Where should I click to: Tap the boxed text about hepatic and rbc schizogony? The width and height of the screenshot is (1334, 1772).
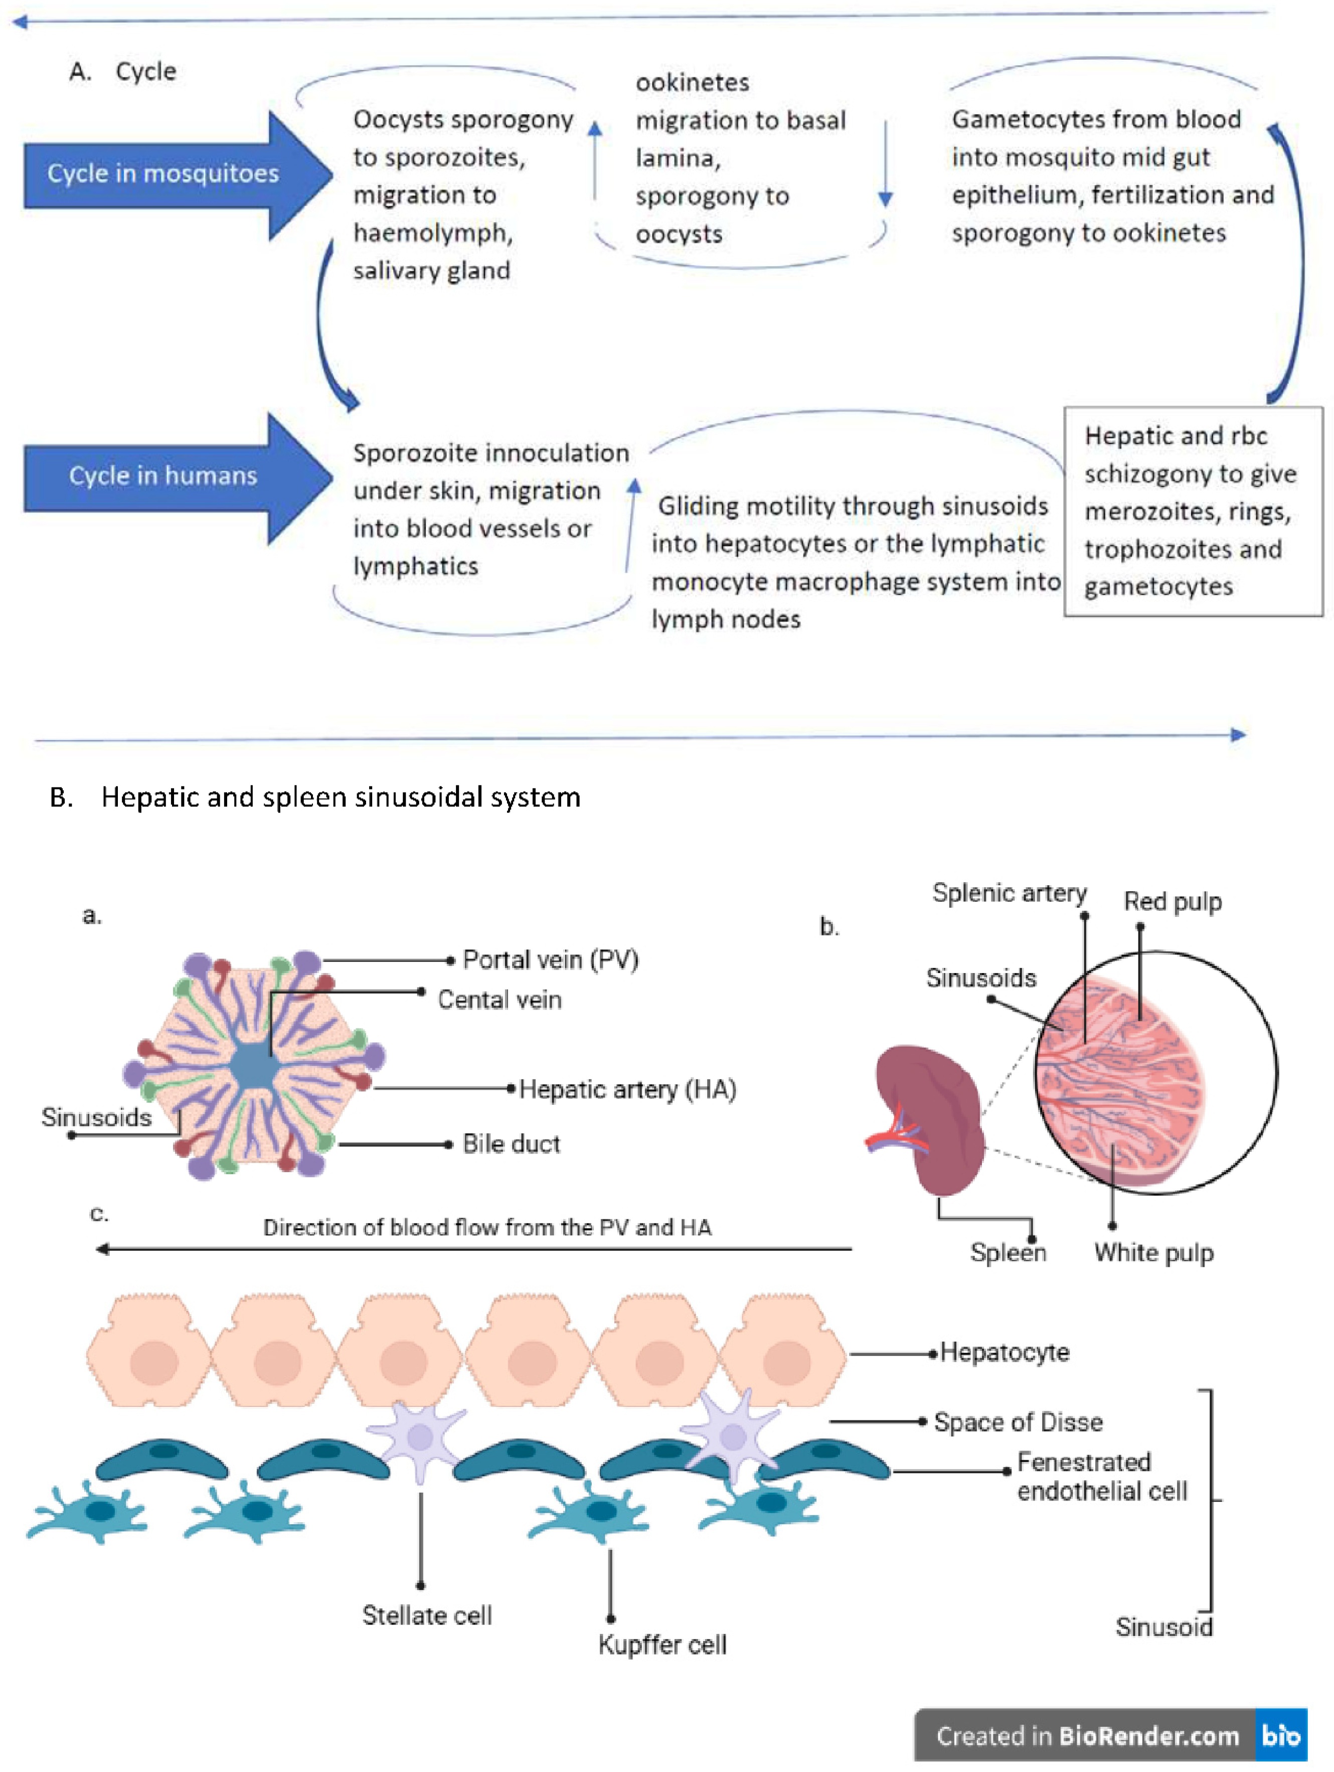(1192, 511)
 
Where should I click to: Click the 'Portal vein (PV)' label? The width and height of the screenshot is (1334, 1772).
(551, 959)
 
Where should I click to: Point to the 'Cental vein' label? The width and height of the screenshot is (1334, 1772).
(499, 1000)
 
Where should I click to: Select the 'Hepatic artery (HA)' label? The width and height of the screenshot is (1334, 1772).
(627, 1089)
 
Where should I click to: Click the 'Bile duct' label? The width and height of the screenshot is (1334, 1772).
(511, 1144)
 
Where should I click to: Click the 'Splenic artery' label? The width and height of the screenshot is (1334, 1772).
(1009, 893)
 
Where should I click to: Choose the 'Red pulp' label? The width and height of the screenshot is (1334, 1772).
(1172, 902)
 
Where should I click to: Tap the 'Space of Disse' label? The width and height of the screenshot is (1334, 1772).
(1018, 1423)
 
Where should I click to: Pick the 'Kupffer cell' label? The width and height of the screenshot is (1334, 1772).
(662, 1645)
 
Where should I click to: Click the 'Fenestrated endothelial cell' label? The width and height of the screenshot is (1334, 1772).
(1101, 1477)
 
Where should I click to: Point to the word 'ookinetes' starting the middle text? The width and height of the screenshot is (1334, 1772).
(692, 83)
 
